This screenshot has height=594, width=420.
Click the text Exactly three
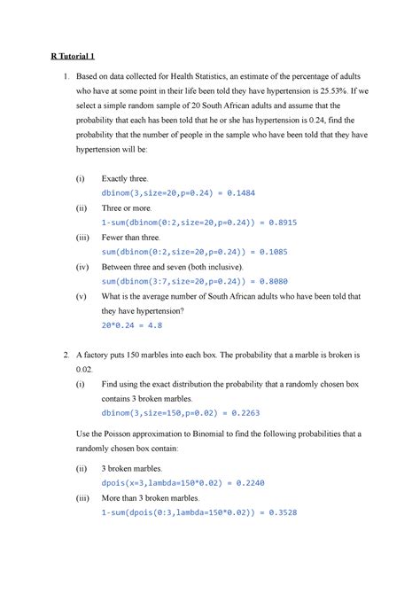[x=127, y=178]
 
